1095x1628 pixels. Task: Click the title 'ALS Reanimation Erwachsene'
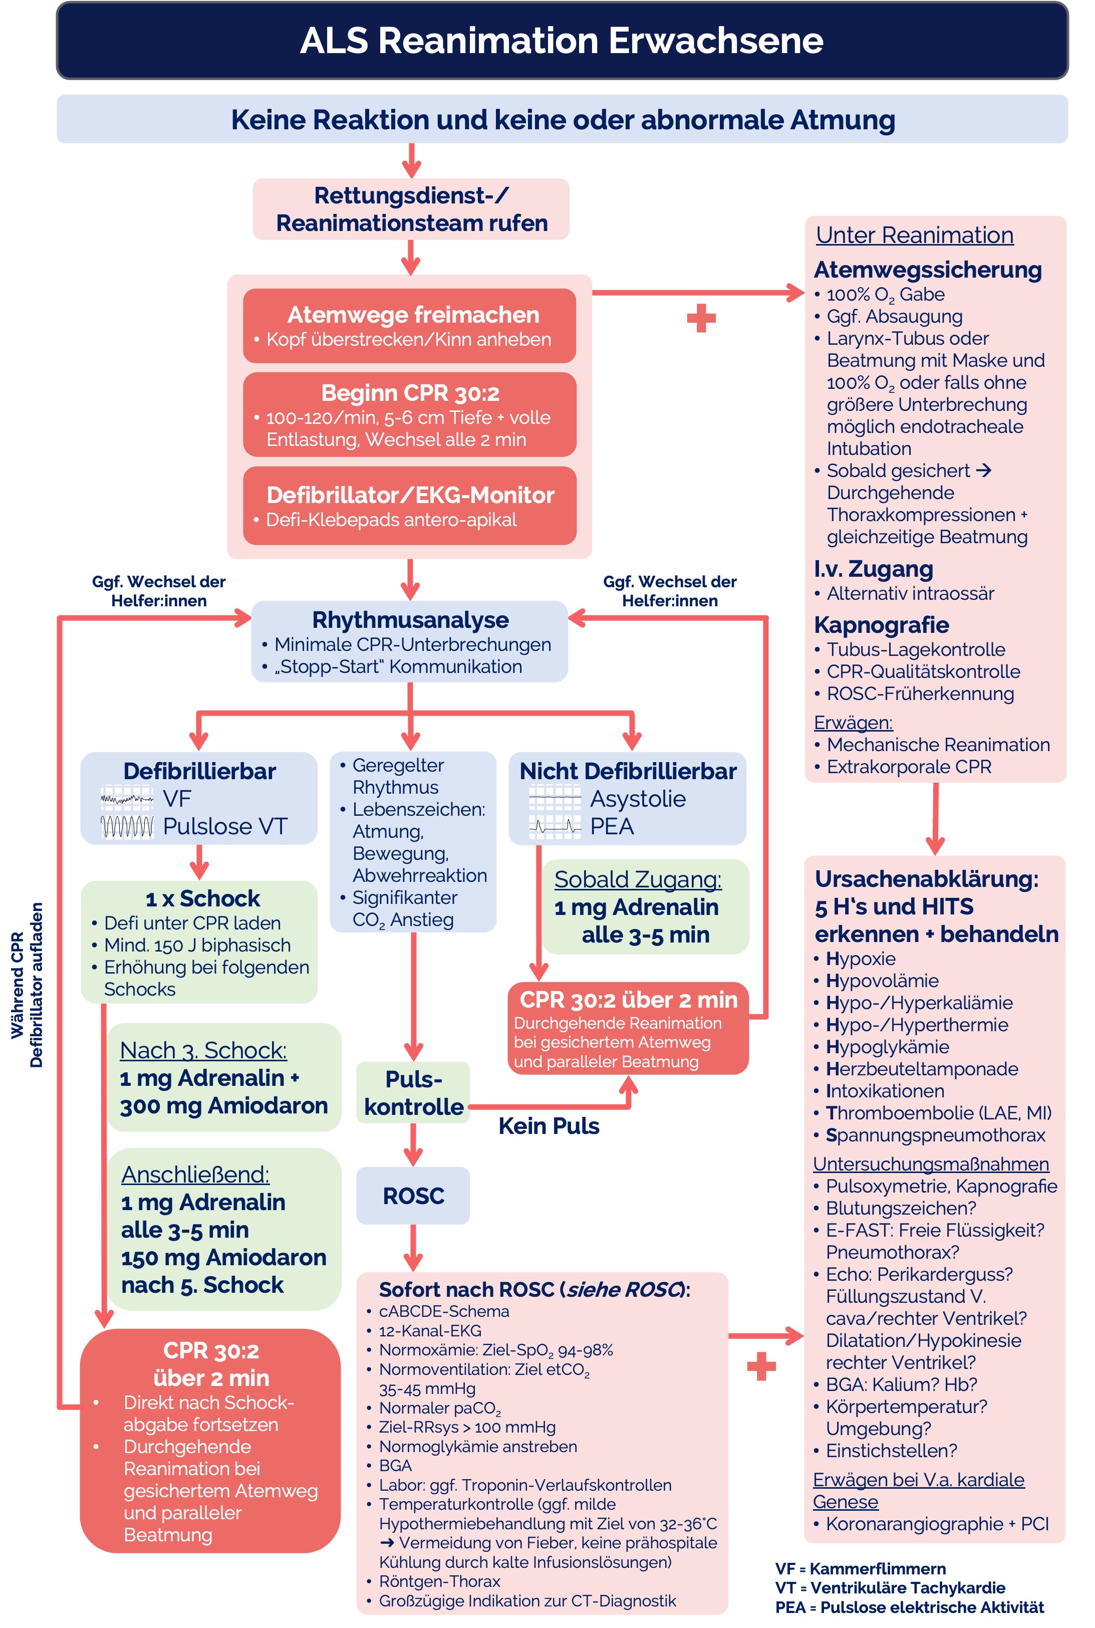tap(562, 41)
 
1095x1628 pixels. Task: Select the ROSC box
tap(413, 1195)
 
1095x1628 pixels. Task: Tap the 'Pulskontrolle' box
tap(413, 1092)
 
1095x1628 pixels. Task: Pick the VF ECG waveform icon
tap(127, 798)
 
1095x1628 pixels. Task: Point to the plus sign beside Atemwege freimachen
tap(701, 319)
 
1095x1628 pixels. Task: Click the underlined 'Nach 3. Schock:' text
tap(203, 1050)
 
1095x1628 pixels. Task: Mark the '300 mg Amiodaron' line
tap(223, 1105)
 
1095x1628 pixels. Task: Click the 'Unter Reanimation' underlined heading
tap(914, 235)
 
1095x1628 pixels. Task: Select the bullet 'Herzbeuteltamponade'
tap(921, 1069)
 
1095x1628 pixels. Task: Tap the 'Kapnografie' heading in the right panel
tap(881, 624)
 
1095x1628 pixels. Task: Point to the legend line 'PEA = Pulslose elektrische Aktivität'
tap(909, 1607)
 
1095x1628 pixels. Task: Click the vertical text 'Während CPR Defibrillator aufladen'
tap(27, 985)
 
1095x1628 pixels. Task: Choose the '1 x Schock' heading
tap(202, 898)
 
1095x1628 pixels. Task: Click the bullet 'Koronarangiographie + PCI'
tap(937, 1523)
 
